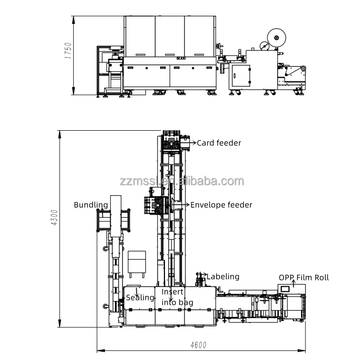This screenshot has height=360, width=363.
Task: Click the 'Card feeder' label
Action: (x=219, y=143)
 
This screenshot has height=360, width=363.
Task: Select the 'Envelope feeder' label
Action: (x=221, y=205)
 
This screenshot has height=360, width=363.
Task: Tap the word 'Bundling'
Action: (x=91, y=204)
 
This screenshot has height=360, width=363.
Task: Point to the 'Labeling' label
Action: (x=223, y=277)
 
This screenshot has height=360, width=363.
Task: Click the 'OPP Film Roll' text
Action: (x=303, y=278)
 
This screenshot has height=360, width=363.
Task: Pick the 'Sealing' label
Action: (x=140, y=298)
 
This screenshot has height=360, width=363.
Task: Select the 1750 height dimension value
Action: (x=68, y=51)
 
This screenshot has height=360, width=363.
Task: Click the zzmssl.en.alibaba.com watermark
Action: (x=181, y=181)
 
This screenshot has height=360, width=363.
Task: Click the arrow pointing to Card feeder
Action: (x=193, y=143)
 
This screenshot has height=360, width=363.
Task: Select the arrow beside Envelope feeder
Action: (x=186, y=205)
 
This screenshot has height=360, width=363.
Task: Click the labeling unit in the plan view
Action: (x=200, y=280)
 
